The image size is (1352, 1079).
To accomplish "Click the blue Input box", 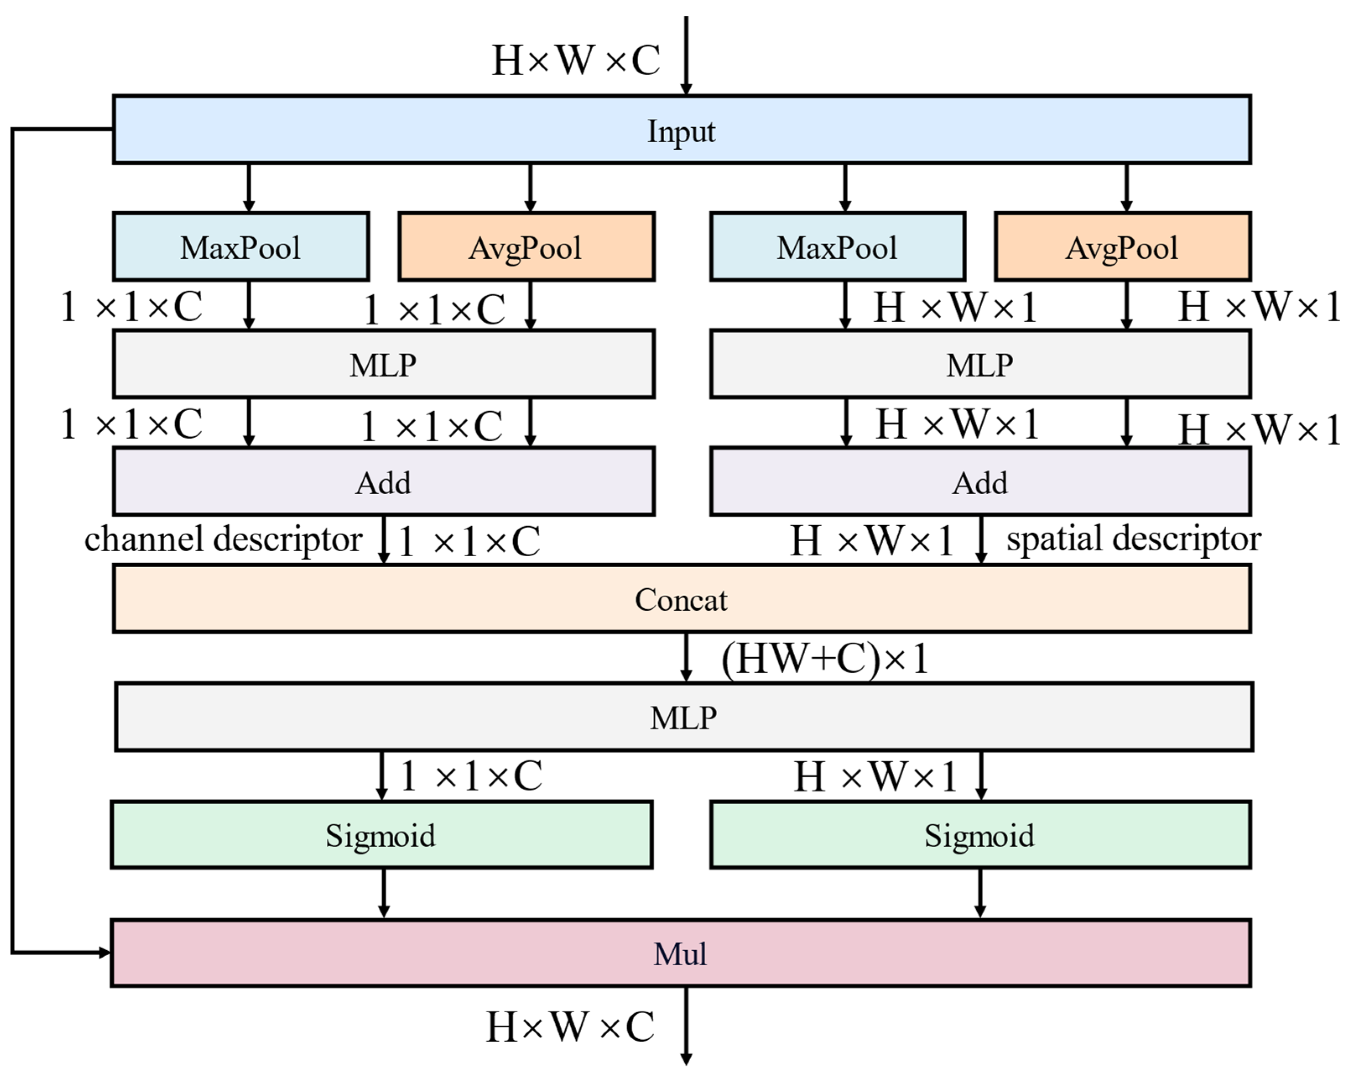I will (x=681, y=130).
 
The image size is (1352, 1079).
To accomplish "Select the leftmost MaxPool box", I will (x=241, y=247).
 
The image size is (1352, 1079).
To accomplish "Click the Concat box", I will (x=681, y=599).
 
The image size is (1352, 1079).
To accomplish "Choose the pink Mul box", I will (x=680, y=954).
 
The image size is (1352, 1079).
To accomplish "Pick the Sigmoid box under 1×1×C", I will (x=381, y=835).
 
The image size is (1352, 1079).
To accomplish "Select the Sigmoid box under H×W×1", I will (x=980, y=835).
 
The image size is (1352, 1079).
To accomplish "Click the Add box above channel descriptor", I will (x=383, y=482).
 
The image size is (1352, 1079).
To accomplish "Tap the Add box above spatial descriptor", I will (x=980, y=482).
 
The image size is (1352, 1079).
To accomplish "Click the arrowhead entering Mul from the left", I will (x=104, y=953).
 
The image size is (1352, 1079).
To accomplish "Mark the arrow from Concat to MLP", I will (x=686, y=657).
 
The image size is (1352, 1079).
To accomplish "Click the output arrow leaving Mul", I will (x=686, y=1029).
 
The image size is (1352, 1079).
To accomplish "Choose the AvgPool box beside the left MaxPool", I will (x=526, y=247).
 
